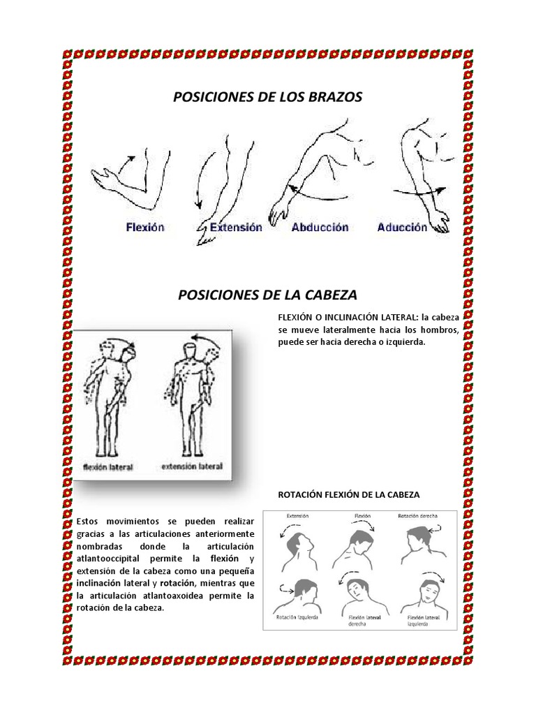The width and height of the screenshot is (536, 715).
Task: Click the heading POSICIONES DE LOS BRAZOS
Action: [267, 98]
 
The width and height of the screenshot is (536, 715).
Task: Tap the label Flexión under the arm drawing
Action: [145, 227]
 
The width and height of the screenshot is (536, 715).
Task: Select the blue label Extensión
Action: [236, 227]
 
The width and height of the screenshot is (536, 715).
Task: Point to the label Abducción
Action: [320, 227]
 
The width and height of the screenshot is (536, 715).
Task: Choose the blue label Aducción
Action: [402, 227]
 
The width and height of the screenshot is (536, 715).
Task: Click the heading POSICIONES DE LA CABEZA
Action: [268, 295]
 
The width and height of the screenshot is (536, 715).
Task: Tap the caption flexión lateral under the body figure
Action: [108, 466]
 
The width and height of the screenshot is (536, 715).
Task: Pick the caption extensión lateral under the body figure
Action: [192, 466]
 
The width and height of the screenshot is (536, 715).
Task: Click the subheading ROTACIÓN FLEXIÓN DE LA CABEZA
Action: [349, 494]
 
